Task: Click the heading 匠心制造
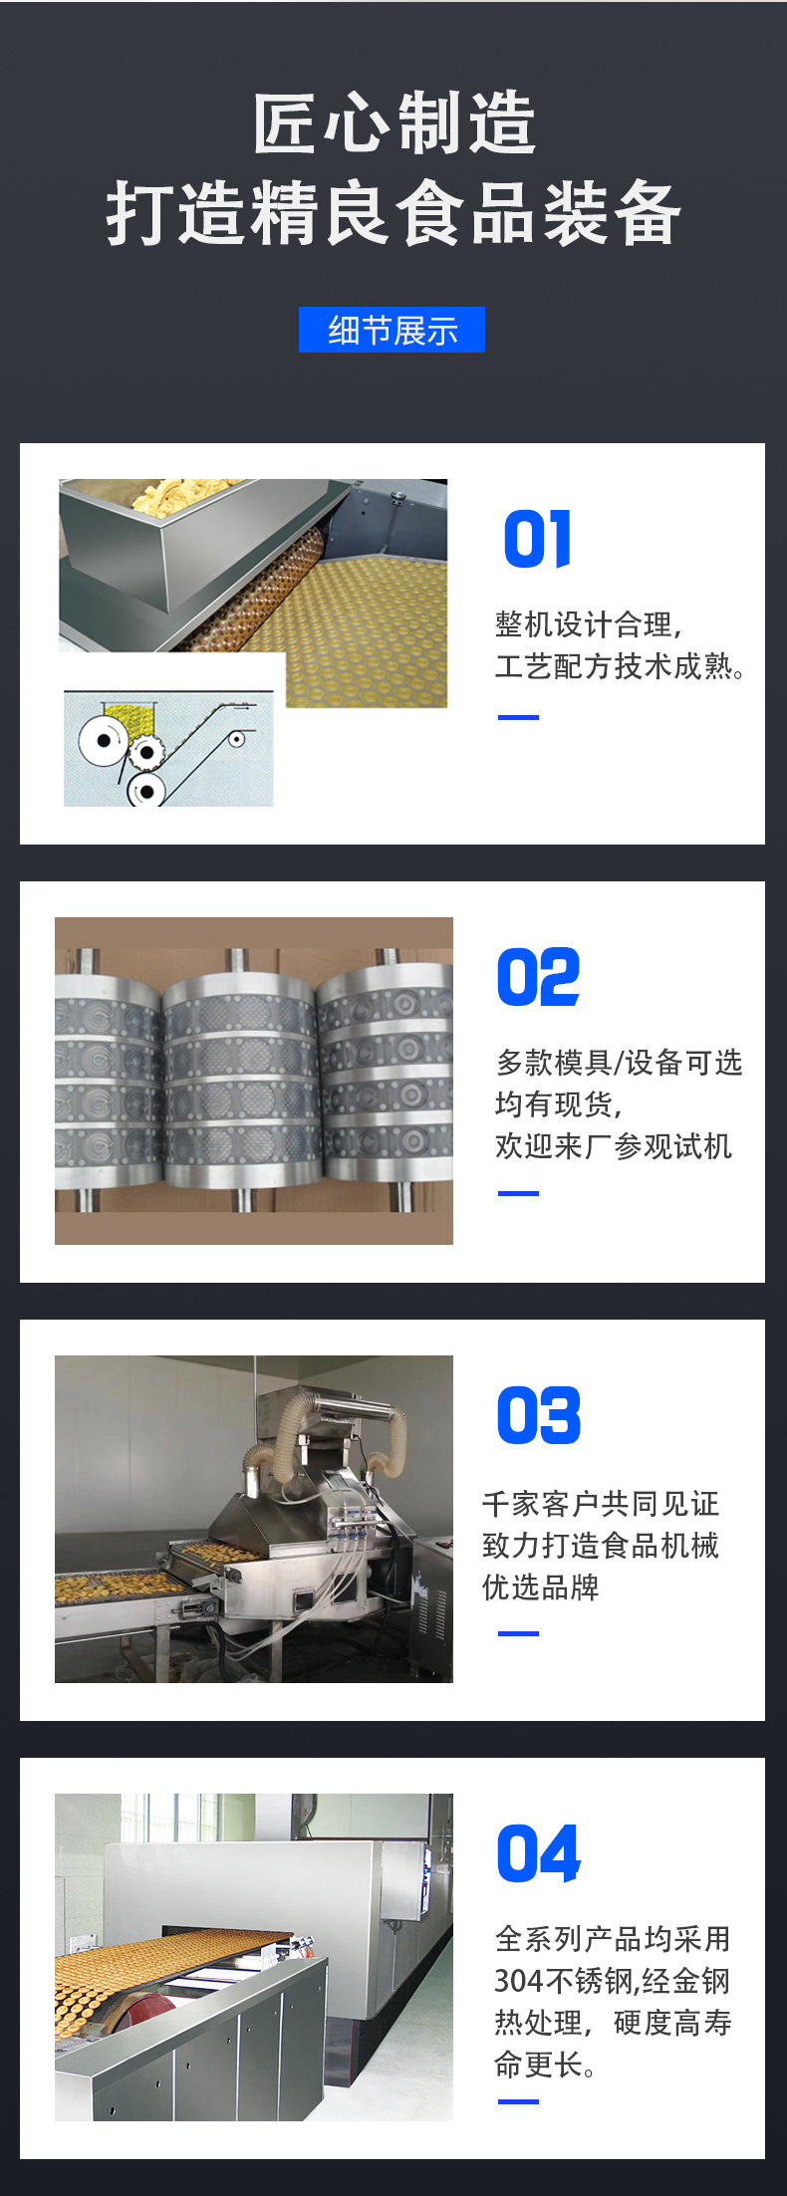[393, 123]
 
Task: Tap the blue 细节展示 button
[392, 330]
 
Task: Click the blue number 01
[537, 539]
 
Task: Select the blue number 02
[538, 977]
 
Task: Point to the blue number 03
[538, 1415]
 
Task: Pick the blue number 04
[538, 1853]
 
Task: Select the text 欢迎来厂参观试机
[613, 1146]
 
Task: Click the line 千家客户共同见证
[600, 1503]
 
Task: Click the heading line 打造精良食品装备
[393, 213]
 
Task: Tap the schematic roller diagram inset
[168, 748]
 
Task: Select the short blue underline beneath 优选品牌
[518, 1633]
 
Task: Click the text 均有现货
[558, 1104]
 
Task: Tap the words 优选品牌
[540, 1586]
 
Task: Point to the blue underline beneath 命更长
[518, 2101]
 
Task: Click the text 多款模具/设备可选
[619, 1063]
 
